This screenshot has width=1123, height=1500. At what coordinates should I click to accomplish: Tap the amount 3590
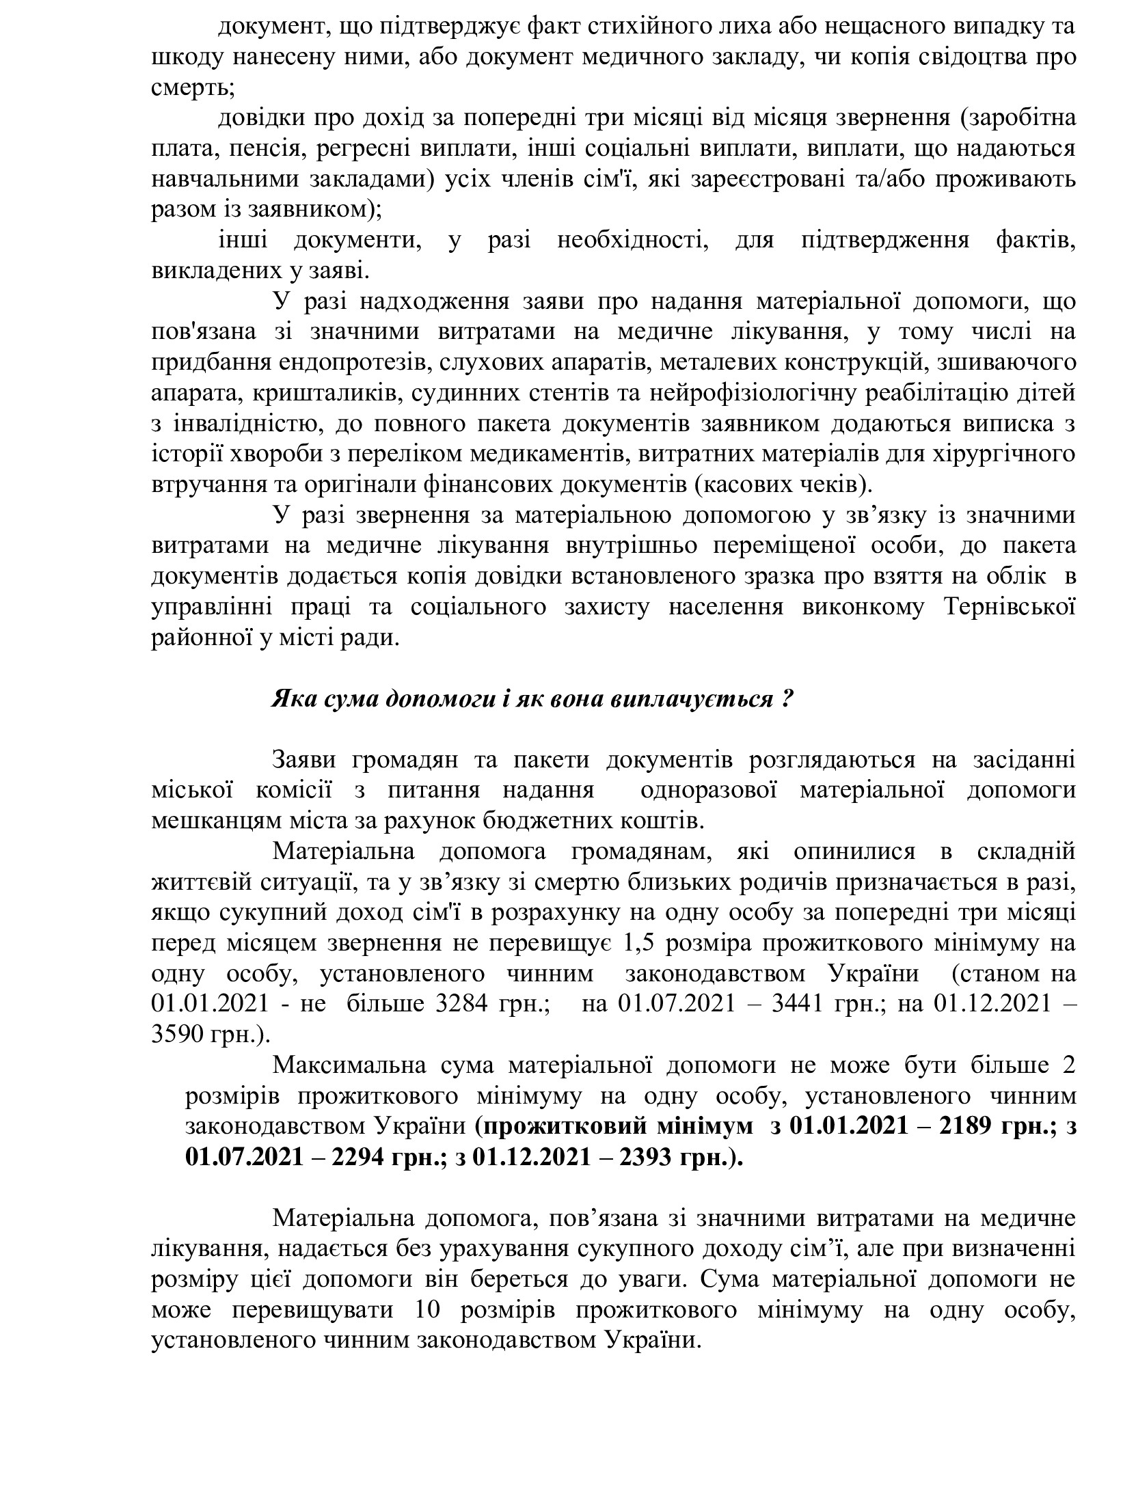coord(178,1035)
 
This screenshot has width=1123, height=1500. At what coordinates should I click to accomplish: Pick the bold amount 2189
coord(964,1126)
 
